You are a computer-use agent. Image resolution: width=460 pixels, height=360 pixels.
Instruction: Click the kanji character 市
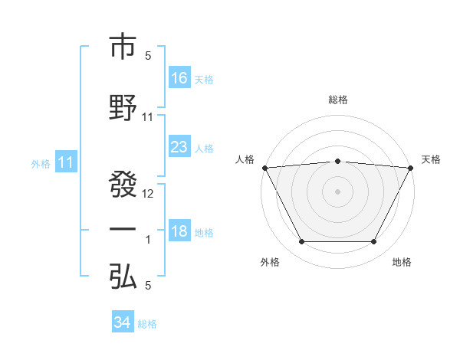tap(123, 47)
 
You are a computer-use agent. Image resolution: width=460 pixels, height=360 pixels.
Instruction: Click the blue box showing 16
tap(179, 78)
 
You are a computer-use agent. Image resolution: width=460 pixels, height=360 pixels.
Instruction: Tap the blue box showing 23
tap(179, 148)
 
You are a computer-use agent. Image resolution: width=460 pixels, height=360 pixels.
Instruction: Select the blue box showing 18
tap(179, 232)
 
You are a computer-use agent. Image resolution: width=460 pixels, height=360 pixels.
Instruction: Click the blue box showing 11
tap(65, 162)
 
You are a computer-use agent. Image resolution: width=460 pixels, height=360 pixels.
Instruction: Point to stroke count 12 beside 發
tap(149, 194)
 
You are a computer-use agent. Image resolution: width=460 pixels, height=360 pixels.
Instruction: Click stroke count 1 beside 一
tap(148, 240)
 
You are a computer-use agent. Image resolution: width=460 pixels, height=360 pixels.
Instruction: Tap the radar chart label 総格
tap(338, 100)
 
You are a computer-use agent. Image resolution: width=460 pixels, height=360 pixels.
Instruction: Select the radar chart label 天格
tap(431, 159)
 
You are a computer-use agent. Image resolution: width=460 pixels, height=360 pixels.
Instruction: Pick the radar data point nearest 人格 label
tap(264, 168)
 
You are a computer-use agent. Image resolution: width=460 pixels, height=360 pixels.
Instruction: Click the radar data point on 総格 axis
tap(338, 161)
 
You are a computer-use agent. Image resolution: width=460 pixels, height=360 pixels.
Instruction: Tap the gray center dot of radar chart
tap(338, 191)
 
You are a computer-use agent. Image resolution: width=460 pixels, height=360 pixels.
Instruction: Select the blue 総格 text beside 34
tap(147, 324)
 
